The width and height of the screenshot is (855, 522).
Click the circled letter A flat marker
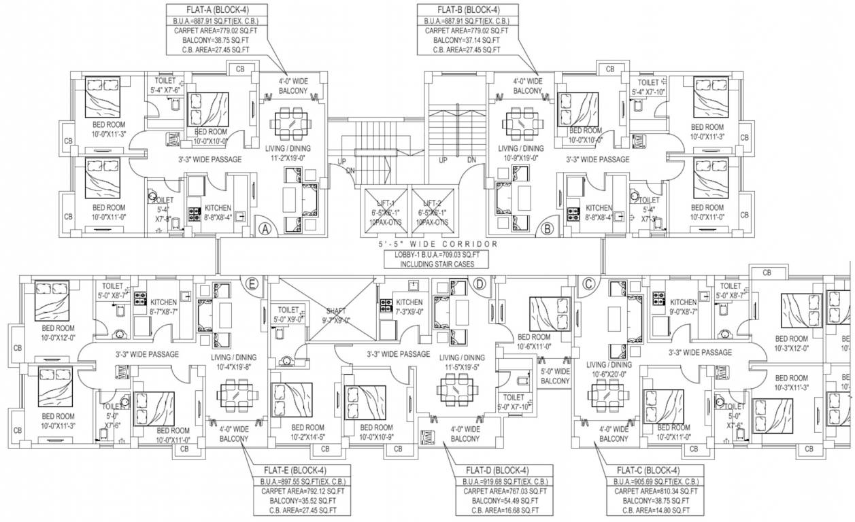click(266, 230)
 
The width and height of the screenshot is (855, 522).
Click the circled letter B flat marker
click(547, 230)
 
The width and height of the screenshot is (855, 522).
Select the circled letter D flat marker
click(479, 284)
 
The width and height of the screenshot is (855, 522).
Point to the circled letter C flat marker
click(588, 284)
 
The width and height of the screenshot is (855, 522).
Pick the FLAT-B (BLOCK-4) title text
click(467, 10)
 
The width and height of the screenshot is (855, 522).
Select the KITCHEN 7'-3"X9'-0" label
click(409, 307)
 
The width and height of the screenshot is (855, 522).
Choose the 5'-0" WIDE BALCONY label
click(555, 377)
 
